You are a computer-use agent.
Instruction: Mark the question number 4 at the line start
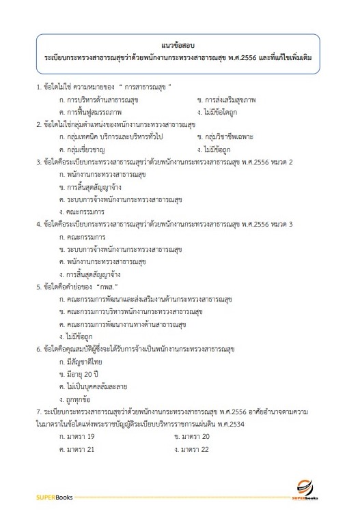point(38,223)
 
